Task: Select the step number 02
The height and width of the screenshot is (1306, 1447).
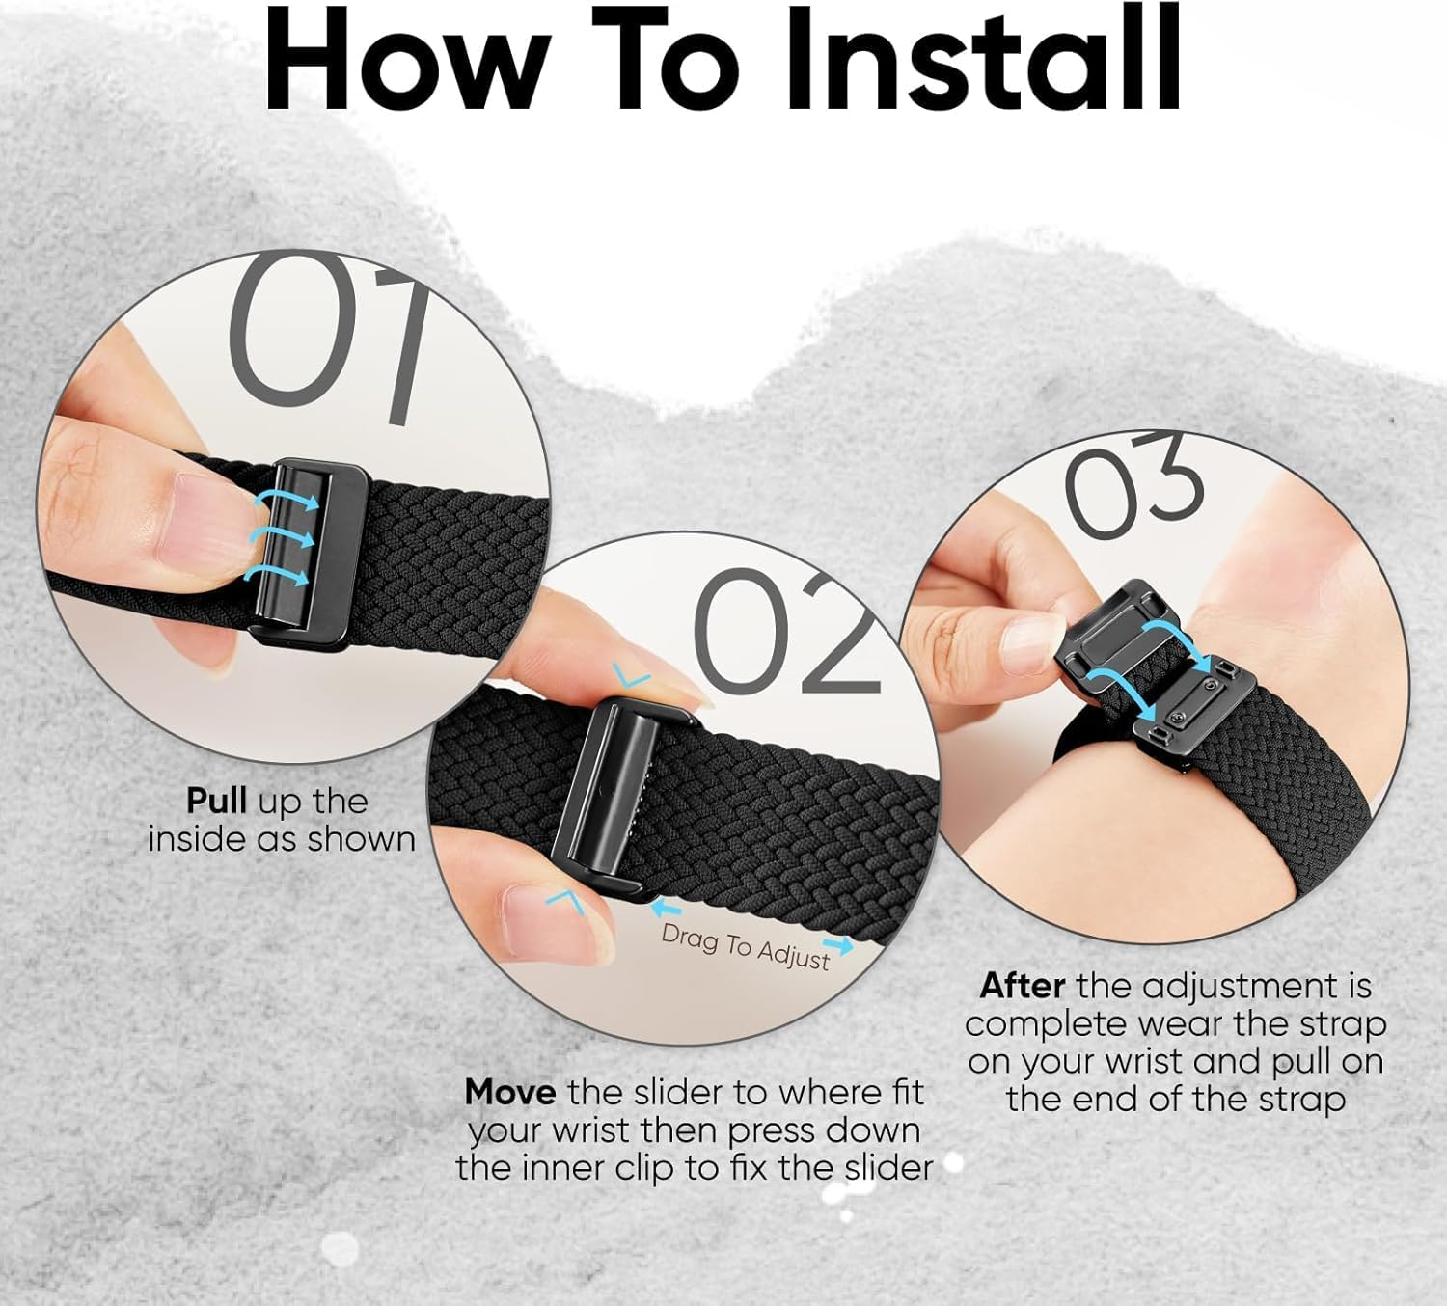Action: [786, 632]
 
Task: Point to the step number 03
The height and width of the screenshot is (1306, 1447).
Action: [1133, 487]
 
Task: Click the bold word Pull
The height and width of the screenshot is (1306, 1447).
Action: [217, 801]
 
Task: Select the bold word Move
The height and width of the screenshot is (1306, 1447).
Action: [509, 1092]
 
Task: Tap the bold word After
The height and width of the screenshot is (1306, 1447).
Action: [1023, 986]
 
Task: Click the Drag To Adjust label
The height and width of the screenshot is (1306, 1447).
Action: [745, 946]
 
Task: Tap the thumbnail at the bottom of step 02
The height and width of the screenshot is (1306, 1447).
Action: [555, 916]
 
